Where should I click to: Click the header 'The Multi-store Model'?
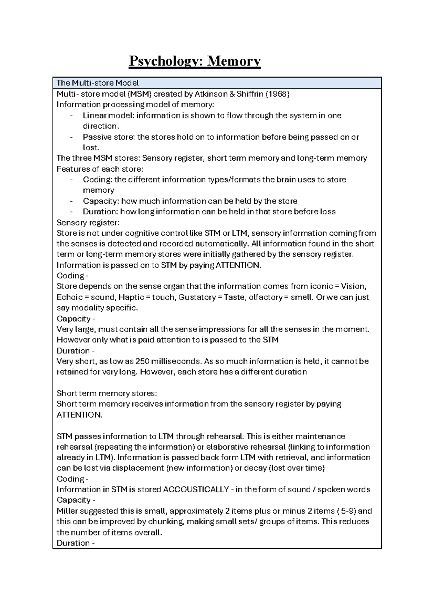pyautogui.click(x=97, y=83)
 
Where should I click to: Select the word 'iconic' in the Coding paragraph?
pyautogui.click(x=319, y=286)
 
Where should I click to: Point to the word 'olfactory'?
pyautogui.click(x=265, y=297)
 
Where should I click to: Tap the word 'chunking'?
pyautogui.click(x=167, y=522)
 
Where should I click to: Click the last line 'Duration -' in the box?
pyautogui.click(x=76, y=543)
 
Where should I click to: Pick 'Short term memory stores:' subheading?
pyautogui.click(x=107, y=394)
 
